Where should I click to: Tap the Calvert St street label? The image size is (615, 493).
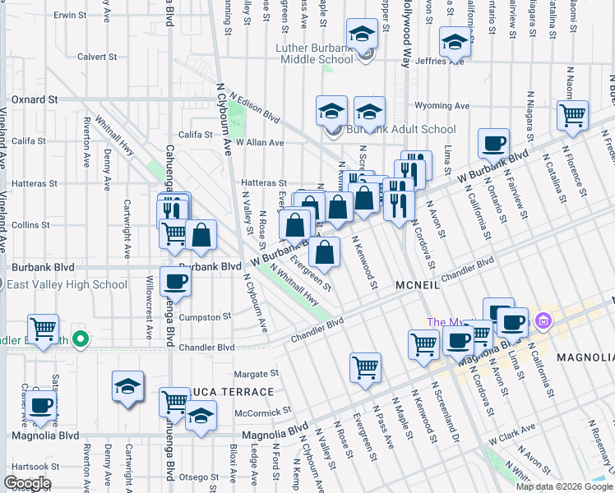[97, 57]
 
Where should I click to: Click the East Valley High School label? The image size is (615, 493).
[67, 285]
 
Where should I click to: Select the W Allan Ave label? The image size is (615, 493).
[259, 142]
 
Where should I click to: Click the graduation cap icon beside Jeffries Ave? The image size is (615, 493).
[454, 41]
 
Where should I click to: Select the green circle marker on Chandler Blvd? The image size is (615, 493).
[80, 339]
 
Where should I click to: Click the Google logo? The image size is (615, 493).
[27, 483]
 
